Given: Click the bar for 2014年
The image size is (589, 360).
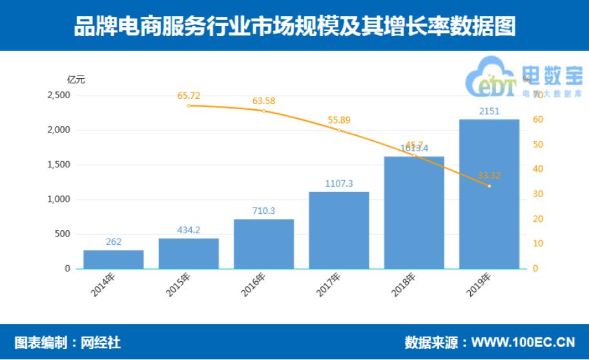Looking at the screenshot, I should click(x=113, y=259).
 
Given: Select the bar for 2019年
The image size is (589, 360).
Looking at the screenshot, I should click(x=489, y=194).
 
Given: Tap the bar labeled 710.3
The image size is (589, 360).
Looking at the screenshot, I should click(x=263, y=244).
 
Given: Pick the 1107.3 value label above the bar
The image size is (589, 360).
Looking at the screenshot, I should click(x=339, y=184).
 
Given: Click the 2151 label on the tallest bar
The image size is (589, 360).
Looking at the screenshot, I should click(x=489, y=112).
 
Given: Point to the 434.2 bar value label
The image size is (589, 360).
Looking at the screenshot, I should click(x=189, y=230).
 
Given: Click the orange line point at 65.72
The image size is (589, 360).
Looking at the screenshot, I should click(x=189, y=105).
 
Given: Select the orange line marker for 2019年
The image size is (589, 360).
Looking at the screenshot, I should click(x=489, y=186).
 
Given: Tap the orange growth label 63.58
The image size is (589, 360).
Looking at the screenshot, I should click(x=263, y=101).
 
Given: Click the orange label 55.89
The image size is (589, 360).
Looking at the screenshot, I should click(x=339, y=120).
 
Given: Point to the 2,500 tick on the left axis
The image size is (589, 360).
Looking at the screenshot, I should click(x=59, y=95).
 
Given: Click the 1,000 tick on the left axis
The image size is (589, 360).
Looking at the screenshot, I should click(x=59, y=199).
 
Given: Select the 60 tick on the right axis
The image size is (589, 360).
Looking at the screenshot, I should click(x=537, y=120).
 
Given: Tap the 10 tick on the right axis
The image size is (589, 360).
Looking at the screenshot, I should click(x=537, y=244).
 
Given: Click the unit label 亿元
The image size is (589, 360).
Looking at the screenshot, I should click(x=76, y=79).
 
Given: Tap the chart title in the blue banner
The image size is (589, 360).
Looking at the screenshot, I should click(x=294, y=26).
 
